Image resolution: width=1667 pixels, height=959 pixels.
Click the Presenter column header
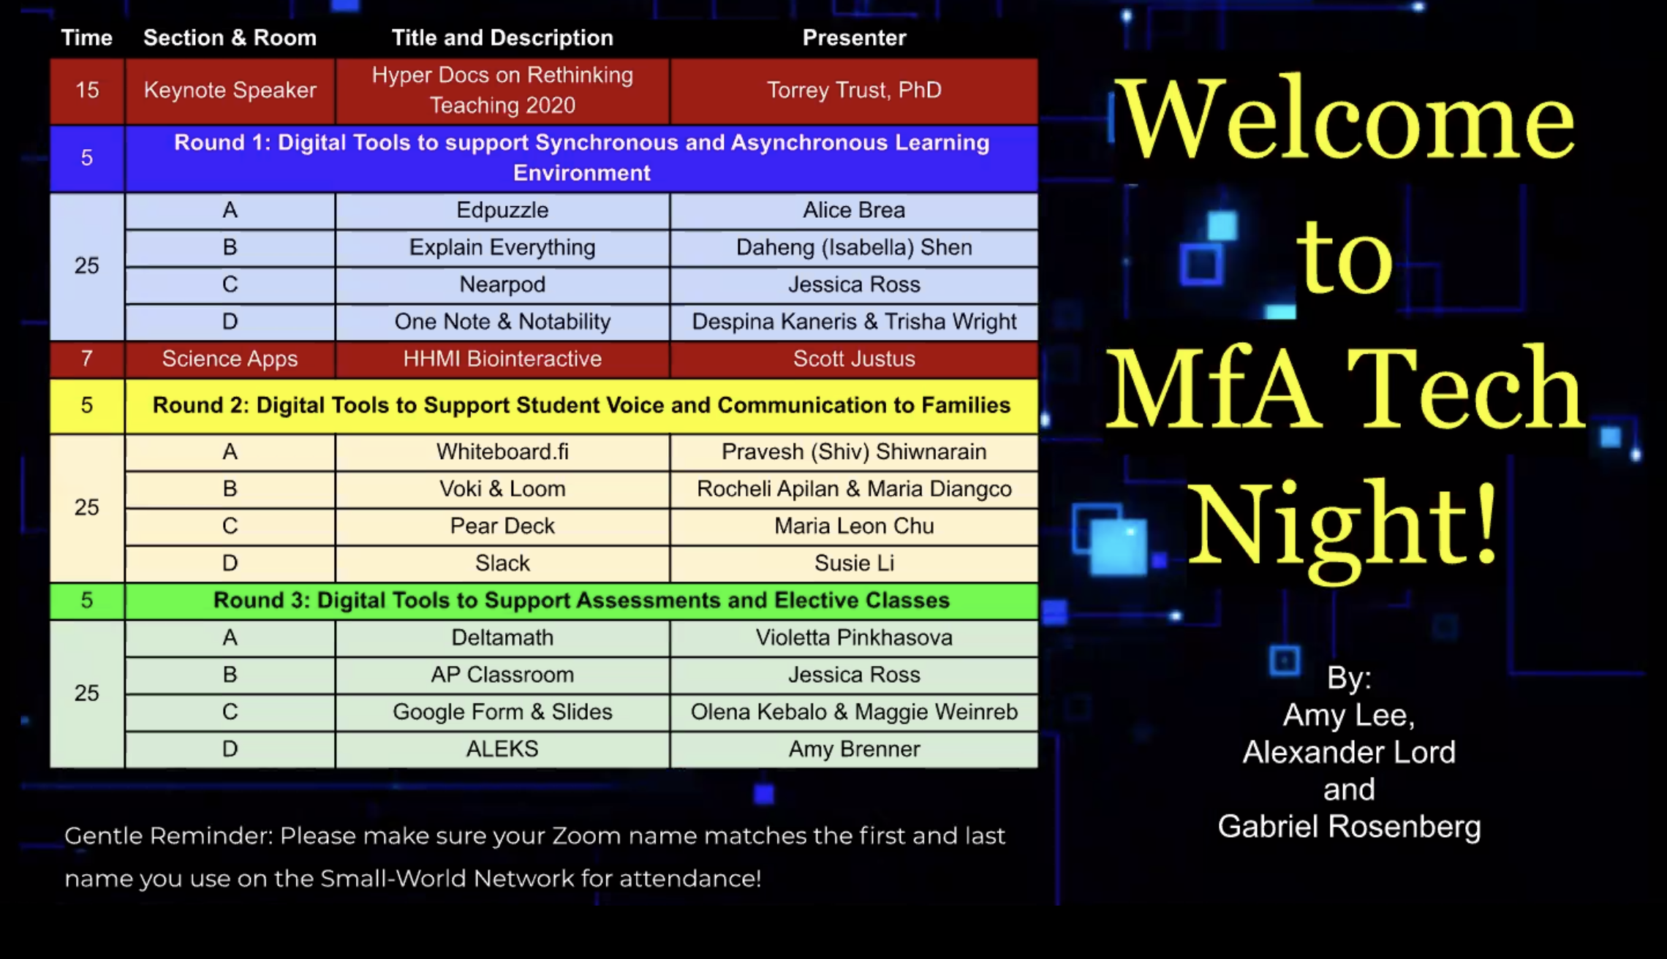point(854,38)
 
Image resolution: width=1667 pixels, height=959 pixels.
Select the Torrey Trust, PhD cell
point(854,91)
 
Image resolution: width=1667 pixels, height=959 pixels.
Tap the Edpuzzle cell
point(502,211)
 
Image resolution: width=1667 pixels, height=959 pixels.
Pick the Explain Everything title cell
point(502,248)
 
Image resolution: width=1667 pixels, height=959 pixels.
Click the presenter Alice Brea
point(854,211)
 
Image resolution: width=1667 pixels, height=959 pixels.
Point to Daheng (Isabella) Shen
point(854,248)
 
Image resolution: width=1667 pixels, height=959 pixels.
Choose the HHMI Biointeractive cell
point(502,359)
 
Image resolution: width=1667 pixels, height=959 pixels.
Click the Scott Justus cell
point(854,359)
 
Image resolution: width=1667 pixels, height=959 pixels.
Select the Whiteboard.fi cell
point(502,452)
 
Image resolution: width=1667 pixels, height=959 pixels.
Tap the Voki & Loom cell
point(502,489)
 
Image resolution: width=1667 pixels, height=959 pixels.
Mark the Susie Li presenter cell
point(854,564)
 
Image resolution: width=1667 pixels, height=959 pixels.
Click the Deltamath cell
point(502,638)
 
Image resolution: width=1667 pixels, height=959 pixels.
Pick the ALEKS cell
point(502,749)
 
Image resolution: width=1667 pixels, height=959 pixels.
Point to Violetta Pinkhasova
point(854,638)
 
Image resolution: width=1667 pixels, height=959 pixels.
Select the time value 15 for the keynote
point(87,91)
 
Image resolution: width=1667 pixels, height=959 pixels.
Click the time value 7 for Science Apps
point(87,359)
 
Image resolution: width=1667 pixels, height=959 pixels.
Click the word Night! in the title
point(1342,526)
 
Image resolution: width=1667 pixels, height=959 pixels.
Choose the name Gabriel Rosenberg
point(1349,827)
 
